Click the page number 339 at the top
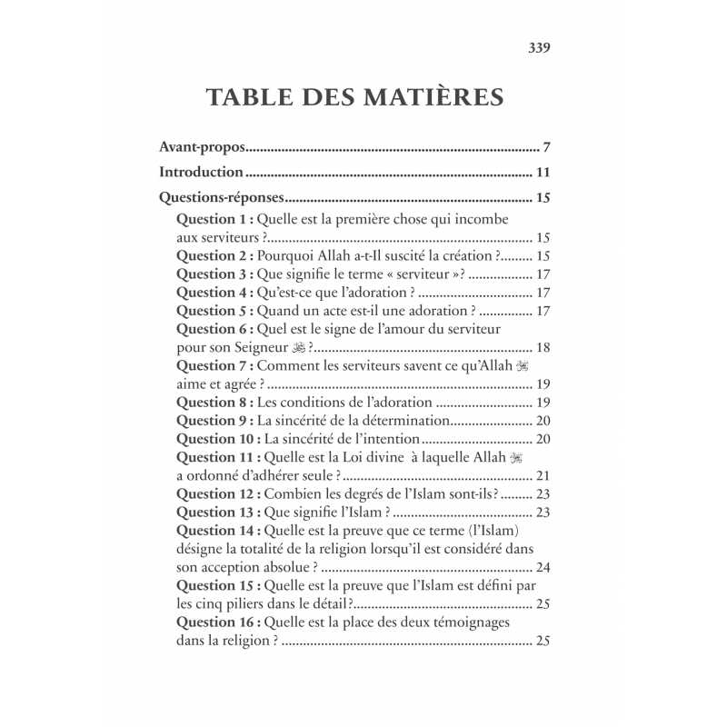coord(540,47)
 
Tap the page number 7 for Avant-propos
coord(547,146)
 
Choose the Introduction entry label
coord(201,172)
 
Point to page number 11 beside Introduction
coord(543,172)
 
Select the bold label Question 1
coord(214,219)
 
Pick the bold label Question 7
coord(214,365)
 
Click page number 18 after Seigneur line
coord(543,347)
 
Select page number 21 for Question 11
coord(543,475)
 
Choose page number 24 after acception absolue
coord(543,567)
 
